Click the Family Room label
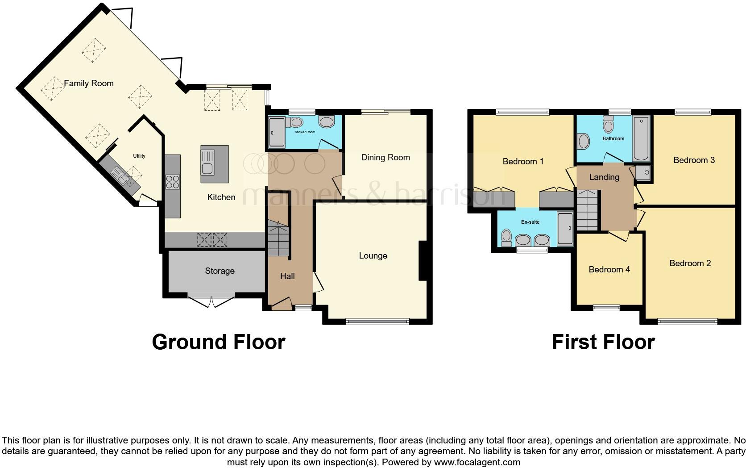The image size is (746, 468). pyautogui.click(x=89, y=84)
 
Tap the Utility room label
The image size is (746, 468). pyautogui.click(x=139, y=156)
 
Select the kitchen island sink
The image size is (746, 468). pyautogui.click(x=207, y=163)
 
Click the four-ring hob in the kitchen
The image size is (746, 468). pyautogui.click(x=173, y=182)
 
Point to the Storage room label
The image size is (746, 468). pyautogui.click(x=220, y=271)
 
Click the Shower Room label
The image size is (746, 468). pyautogui.click(x=305, y=132)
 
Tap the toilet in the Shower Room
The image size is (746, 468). pyautogui.click(x=294, y=122)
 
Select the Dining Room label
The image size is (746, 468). pyautogui.click(x=385, y=157)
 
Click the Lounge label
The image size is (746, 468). pyautogui.click(x=373, y=256)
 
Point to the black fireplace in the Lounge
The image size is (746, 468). pyautogui.click(x=423, y=260)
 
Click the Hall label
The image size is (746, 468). pyautogui.click(x=287, y=276)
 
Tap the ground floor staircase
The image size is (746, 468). pyautogui.click(x=278, y=238)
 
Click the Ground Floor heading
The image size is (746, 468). pyautogui.click(x=219, y=342)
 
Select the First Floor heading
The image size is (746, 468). pyautogui.click(x=604, y=342)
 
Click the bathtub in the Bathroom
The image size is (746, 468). pyautogui.click(x=641, y=138)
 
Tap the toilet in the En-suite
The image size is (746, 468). pyautogui.click(x=506, y=238)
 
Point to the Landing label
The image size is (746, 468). pyautogui.click(x=604, y=177)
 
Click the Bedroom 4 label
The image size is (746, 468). pyautogui.click(x=609, y=269)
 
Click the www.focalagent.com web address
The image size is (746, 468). pyautogui.click(x=477, y=462)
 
